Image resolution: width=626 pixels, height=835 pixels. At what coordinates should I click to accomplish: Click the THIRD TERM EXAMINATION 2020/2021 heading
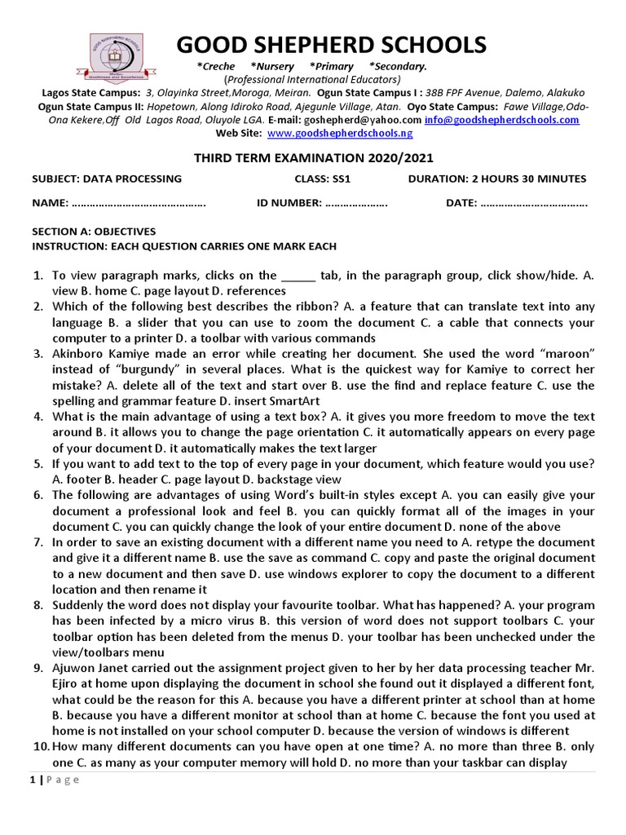(x=313, y=157)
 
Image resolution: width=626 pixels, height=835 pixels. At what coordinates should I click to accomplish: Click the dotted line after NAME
(x=139, y=204)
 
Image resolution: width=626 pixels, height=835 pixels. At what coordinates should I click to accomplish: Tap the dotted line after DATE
(x=534, y=204)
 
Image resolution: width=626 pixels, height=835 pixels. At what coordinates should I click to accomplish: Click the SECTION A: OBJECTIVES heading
(x=93, y=232)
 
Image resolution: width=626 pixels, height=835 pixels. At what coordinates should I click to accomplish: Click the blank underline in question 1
(x=298, y=276)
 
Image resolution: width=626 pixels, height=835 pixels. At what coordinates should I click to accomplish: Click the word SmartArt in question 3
(x=292, y=400)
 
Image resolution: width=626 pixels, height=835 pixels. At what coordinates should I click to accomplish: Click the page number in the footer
(x=32, y=780)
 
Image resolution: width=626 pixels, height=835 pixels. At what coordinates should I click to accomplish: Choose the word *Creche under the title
(x=216, y=66)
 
